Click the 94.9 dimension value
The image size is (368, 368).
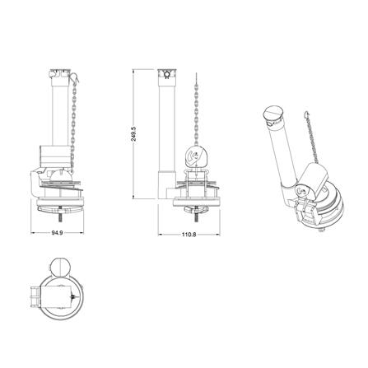(58, 233)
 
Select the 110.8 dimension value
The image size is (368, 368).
(189, 235)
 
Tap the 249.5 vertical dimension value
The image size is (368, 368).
(134, 134)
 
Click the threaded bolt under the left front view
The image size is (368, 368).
(60, 217)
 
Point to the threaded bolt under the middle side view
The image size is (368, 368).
(197, 217)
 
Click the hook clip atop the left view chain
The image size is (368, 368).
(75, 77)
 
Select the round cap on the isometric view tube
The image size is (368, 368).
(273, 114)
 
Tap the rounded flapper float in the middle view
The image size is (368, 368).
(196, 156)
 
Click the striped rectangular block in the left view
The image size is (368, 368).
(54, 156)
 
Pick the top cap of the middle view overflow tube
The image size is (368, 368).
(166, 73)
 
